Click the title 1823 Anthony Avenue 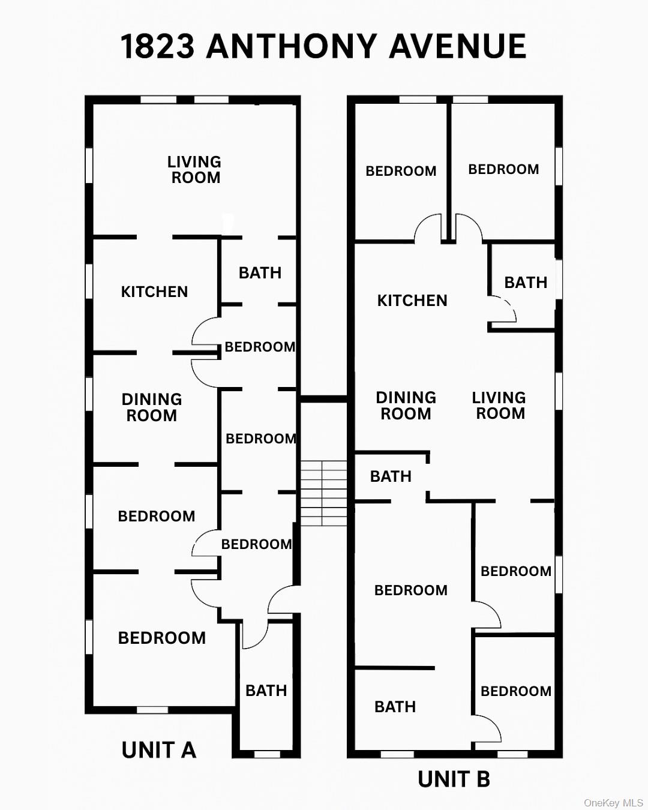(323, 46)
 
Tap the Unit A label (158, 750)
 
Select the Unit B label (454, 779)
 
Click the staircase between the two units (323, 493)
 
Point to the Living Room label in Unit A (194, 170)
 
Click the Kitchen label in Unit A (154, 292)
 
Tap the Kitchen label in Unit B (412, 301)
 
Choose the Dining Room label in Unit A (152, 407)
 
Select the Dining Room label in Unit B (406, 406)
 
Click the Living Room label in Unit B (499, 406)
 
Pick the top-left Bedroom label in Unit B (401, 171)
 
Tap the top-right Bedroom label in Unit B (503, 169)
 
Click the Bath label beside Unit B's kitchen (526, 283)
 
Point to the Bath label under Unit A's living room (260, 273)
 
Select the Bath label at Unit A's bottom (266, 691)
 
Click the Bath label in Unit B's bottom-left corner (395, 707)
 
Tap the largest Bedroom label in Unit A (162, 638)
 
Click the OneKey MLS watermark (613, 803)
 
